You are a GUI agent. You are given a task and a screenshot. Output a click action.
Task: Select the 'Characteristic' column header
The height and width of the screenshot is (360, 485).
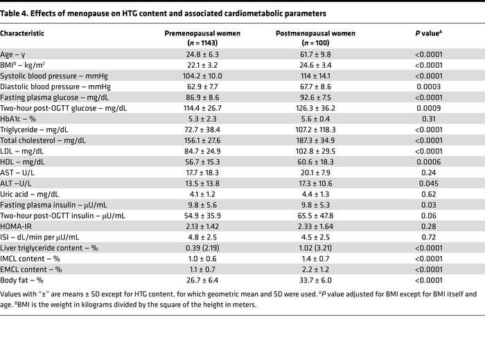[25, 33]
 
